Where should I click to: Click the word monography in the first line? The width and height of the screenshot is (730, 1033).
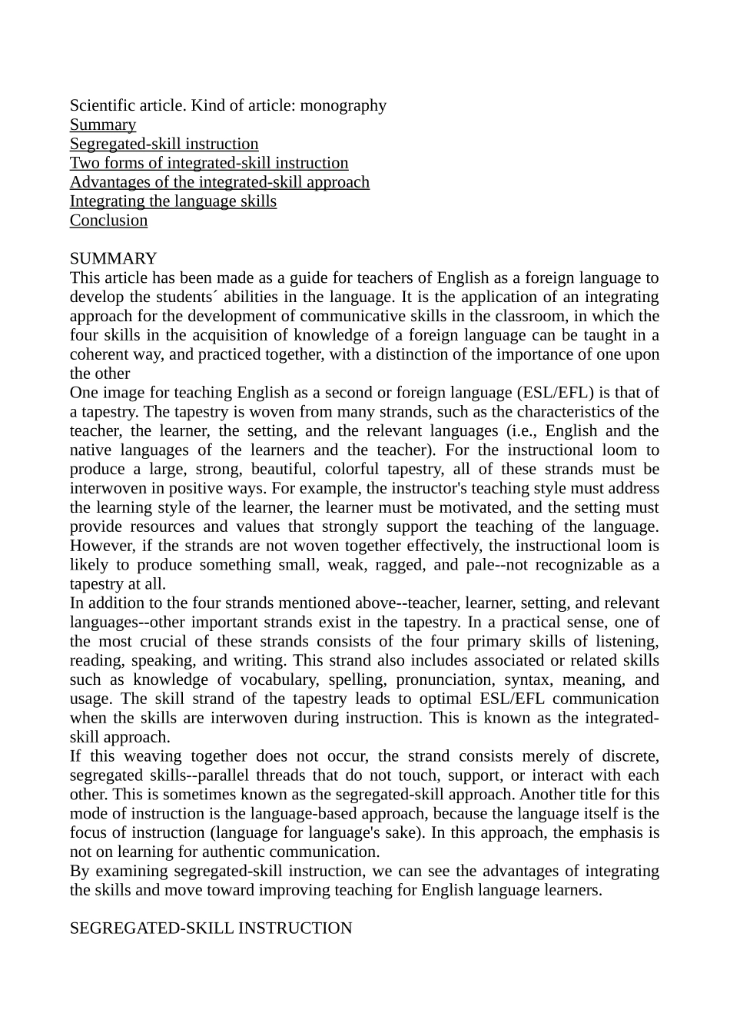pos(343,106)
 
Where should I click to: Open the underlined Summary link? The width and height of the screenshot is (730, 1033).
pos(103,125)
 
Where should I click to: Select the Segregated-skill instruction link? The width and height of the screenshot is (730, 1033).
pos(164,144)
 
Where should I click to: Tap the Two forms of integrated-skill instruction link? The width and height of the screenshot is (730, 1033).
pos(209,164)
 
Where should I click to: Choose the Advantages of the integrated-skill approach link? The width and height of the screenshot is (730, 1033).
pos(220,183)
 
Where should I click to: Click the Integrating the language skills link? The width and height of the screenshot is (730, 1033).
pos(173,201)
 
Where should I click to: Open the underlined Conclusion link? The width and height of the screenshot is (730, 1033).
pos(108,221)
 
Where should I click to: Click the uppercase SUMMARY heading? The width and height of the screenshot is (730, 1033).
pos(113,259)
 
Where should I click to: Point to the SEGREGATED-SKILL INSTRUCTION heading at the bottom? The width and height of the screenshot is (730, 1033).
pos(211,928)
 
